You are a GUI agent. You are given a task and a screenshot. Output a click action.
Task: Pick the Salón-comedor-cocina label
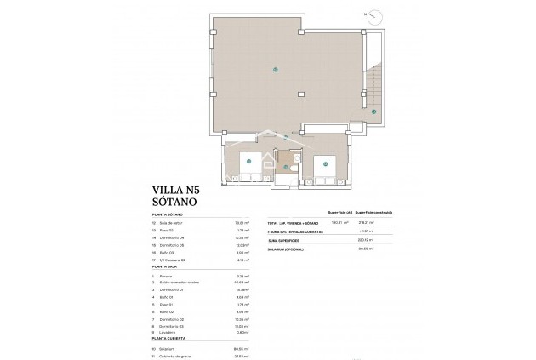pos(181,283)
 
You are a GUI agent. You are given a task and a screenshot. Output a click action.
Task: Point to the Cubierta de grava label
pos(177,354)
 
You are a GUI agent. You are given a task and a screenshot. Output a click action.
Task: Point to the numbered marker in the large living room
pos(276,69)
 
